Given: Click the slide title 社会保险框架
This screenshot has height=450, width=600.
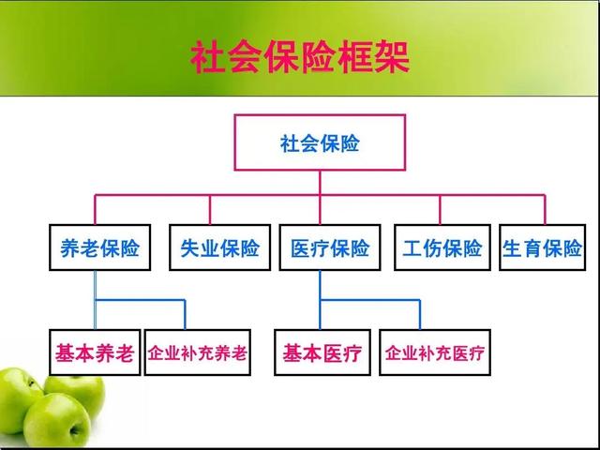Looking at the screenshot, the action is pyautogui.click(x=300, y=57).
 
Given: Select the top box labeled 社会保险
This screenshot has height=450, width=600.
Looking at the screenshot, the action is pyautogui.click(x=320, y=142).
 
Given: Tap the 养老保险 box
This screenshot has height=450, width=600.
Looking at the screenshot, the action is pyautogui.click(x=100, y=247).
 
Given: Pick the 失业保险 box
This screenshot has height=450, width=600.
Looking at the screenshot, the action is pyautogui.click(x=220, y=247).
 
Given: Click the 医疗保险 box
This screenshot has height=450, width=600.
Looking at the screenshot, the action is pyautogui.click(x=330, y=247).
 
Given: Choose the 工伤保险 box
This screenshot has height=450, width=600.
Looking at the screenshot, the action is pyautogui.click(x=442, y=247).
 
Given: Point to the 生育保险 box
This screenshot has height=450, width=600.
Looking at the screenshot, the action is pyautogui.click(x=543, y=247).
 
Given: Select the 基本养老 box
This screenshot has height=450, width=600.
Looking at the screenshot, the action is pyautogui.click(x=95, y=352).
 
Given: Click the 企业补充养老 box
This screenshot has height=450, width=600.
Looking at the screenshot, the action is pyautogui.click(x=198, y=352).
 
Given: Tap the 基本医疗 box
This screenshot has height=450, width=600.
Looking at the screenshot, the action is pyautogui.click(x=322, y=352).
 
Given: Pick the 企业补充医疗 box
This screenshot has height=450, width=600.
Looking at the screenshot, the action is pyautogui.click(x=435, y=352).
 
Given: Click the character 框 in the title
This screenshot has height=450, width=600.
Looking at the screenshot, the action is pyautogui.click(x=355, y=57).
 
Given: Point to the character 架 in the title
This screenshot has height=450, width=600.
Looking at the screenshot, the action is pyautogui.click(x=393, y=57).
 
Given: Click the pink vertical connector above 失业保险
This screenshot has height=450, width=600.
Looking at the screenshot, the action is pyautogui.click(x=210, y=210).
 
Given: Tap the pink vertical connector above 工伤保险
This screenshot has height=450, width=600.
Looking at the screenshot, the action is pyautogui.click(x=440, y=210).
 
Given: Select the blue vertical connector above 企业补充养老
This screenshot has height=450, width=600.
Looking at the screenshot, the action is pyautogui.click(x=186, y=315).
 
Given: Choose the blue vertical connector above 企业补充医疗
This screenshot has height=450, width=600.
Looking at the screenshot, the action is pyautogui.click(x=420, y=315).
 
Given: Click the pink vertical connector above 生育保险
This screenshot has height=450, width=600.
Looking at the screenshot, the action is pyautogui.click(x=545, y=210).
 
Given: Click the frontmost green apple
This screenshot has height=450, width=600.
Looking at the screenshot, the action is pyautogui.click(x=57, y=420).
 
